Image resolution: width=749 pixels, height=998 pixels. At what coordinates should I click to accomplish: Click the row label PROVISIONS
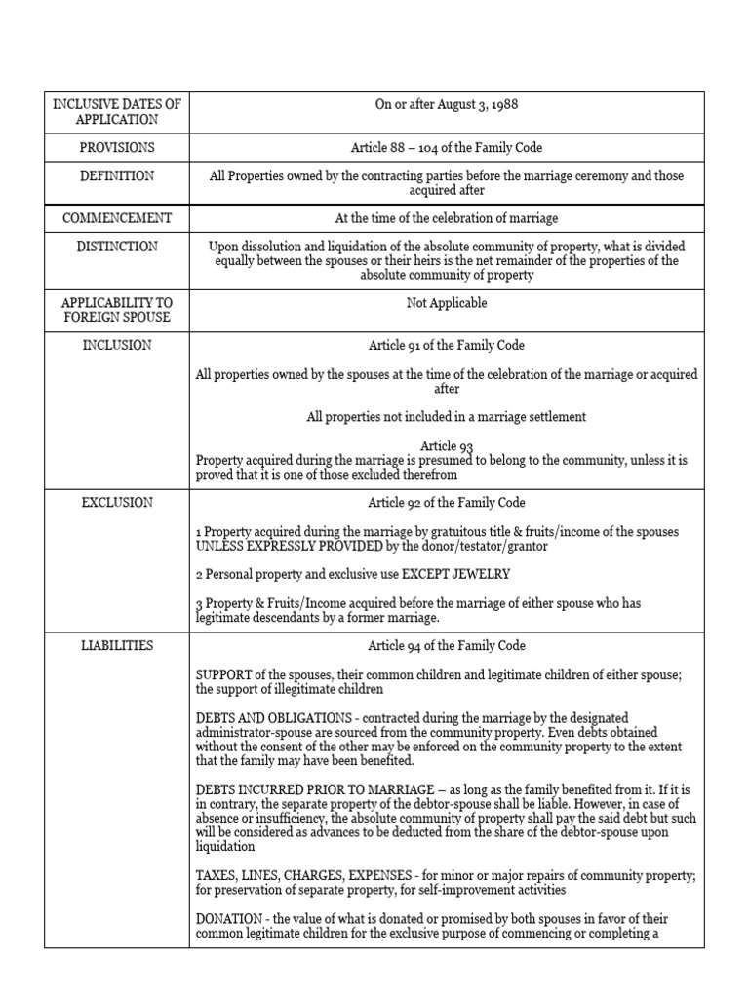(117, 147)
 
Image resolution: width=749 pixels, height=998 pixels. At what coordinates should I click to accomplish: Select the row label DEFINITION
(117, 175)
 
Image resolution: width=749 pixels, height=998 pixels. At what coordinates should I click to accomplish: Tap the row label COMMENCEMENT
(117, 218)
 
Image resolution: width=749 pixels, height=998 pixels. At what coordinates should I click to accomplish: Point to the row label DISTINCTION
(117, 247)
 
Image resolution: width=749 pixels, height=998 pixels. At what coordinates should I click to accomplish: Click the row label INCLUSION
(117, 345)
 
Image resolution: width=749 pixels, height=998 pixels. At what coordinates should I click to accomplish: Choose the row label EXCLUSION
(117, 503)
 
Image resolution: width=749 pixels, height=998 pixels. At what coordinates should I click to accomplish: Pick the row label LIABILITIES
(117, 645)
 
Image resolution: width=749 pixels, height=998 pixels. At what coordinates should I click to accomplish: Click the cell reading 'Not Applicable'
(447, 303)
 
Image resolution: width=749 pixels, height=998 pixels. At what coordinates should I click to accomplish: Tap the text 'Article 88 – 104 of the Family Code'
(447, 147)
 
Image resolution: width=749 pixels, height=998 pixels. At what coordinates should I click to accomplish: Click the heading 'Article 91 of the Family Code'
(447, 345)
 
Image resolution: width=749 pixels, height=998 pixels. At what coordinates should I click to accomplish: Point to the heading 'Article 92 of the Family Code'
(447, 503)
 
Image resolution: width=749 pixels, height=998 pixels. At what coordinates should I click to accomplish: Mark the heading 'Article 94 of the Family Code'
(447, 645)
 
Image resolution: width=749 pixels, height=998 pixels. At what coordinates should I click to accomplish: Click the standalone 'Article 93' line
(447, 445)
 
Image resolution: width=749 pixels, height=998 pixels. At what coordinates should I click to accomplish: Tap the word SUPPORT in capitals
(224, 674)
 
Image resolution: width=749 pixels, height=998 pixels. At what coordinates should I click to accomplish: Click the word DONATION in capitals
(228, 919)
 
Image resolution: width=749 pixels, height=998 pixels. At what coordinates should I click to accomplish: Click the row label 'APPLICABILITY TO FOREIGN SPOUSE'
(117, 311)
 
